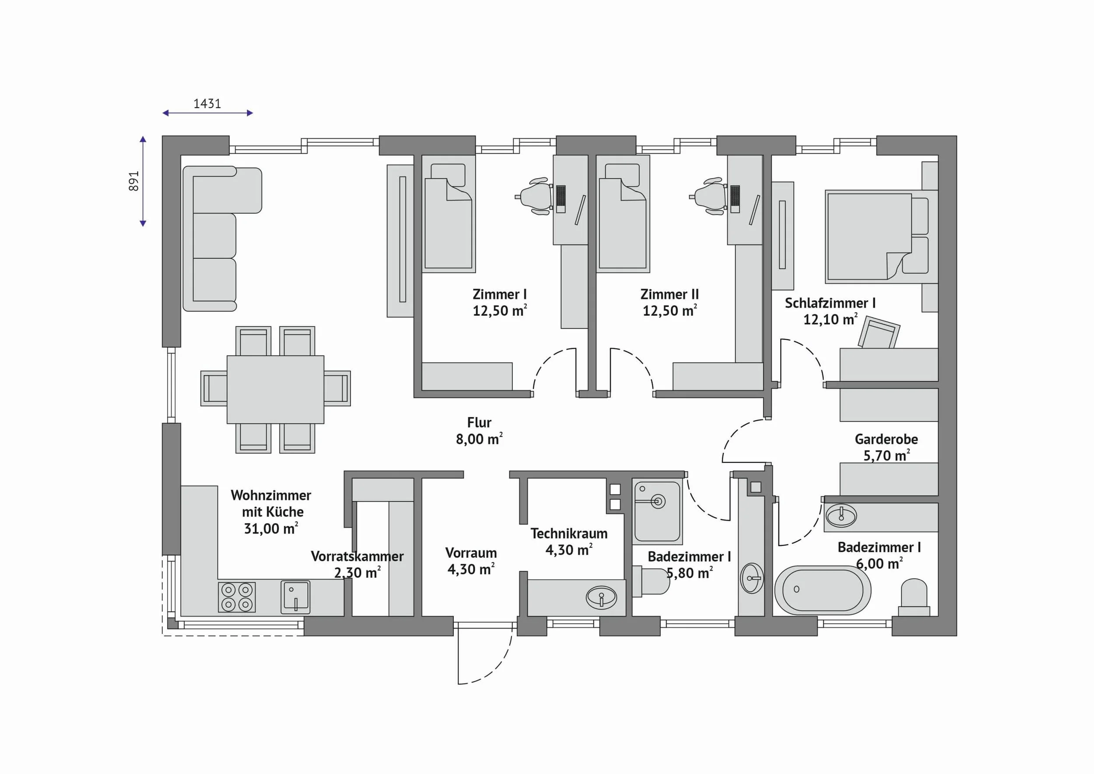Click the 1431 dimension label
click(x=207, y=103)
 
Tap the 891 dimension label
click(x=134, y=181)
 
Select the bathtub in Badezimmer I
click(x=822, y=590)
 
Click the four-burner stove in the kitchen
click(x=237, y=597)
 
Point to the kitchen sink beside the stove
click(x=295, y=597)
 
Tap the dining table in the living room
click(x=275, y=389)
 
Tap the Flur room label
click(x=479, y=423)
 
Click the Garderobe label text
click(x=886, y=439)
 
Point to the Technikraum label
click(x=569, y=533)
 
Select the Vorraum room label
click(x=471, y=553)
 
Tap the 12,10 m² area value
click(x=831, y=319)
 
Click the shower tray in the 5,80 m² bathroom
click(x=657, y=511)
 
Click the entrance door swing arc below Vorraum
click(x=493, y=665)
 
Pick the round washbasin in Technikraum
click(x=601, y=597)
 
